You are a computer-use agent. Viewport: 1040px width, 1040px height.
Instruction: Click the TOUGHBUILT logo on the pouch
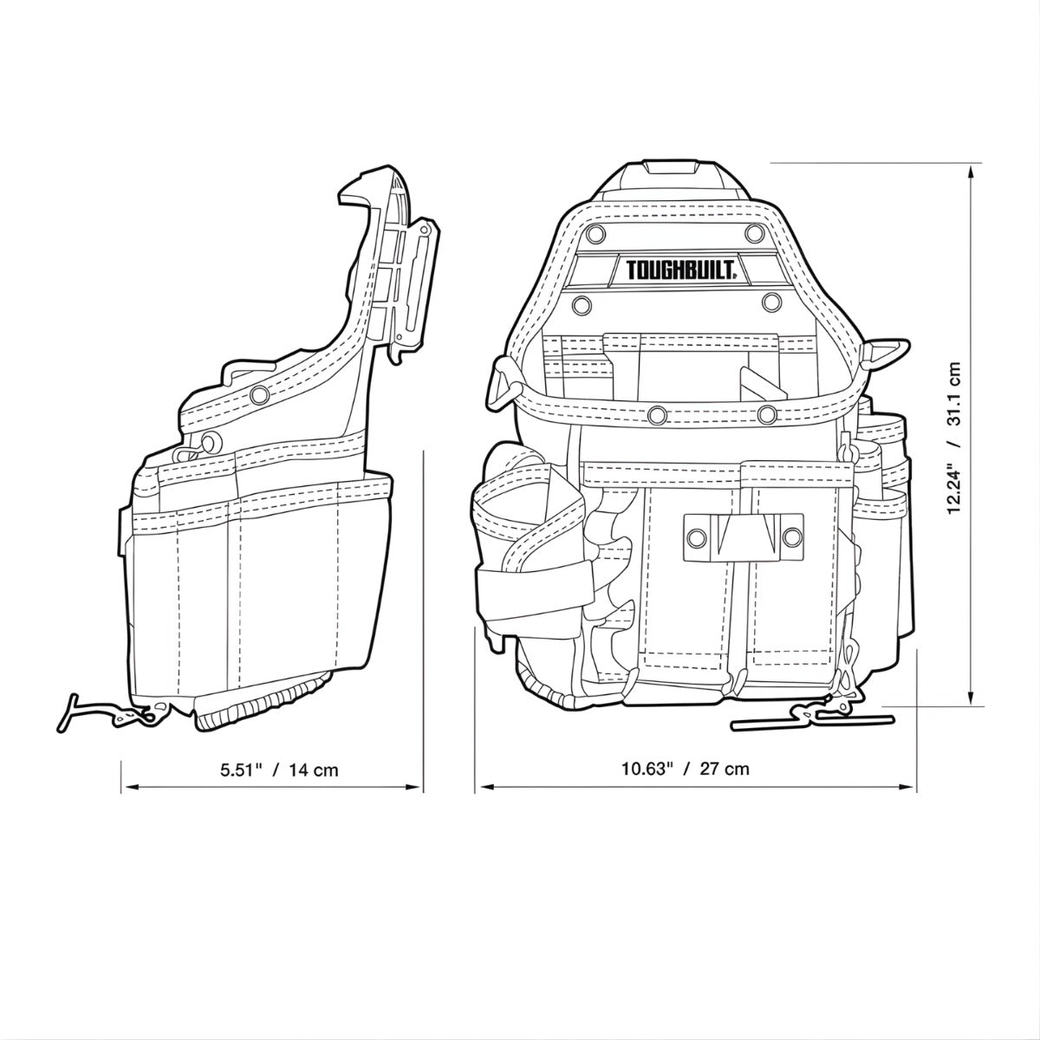tap(679, 270)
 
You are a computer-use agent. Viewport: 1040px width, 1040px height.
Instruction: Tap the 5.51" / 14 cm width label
tap(279, 769)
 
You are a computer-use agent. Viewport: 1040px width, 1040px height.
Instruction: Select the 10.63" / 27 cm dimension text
tap(686, 768)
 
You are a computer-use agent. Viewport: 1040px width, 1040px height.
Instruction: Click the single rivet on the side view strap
tap(258, 395)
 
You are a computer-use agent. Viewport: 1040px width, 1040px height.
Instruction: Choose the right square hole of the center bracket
tap(790, 537)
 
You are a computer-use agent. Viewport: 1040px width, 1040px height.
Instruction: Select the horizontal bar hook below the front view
tap(810, 719)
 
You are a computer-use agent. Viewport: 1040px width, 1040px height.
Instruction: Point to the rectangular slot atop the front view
tap(674, 167)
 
